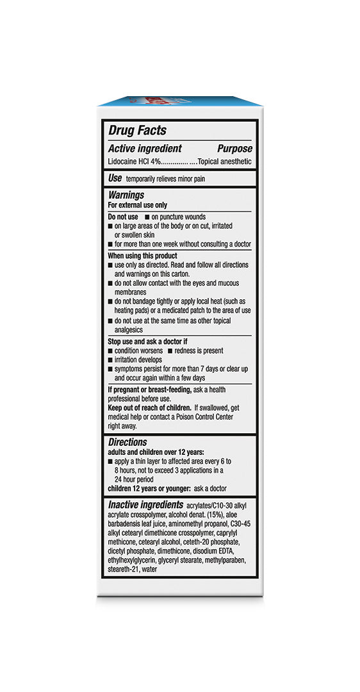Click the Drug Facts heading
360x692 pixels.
137,130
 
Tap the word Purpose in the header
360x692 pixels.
234,149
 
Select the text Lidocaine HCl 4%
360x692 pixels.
133,161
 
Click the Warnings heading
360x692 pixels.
126,195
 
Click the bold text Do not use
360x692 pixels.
123,217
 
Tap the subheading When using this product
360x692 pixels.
142,256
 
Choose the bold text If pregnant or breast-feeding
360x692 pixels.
148,390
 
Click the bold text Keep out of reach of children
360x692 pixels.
149,408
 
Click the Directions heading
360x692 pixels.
127,442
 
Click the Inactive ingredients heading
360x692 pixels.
145,505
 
